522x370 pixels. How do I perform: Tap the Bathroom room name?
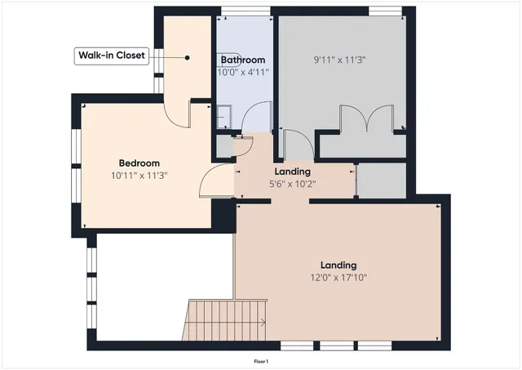point(243,60)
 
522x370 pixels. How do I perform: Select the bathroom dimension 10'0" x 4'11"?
point(243,73)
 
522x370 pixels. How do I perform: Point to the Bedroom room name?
point(139,163)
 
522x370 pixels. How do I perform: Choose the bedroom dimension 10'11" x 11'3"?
point(139,176)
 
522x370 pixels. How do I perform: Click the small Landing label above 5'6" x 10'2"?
point(292,172)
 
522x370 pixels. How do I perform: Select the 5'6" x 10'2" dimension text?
point(292,184)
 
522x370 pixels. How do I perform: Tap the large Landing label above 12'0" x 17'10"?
point(338,265)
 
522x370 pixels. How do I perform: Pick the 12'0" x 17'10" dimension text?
point(338,278)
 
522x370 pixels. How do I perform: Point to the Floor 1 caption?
point(261,360)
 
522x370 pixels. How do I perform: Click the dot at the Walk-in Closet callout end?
point(188,57)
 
